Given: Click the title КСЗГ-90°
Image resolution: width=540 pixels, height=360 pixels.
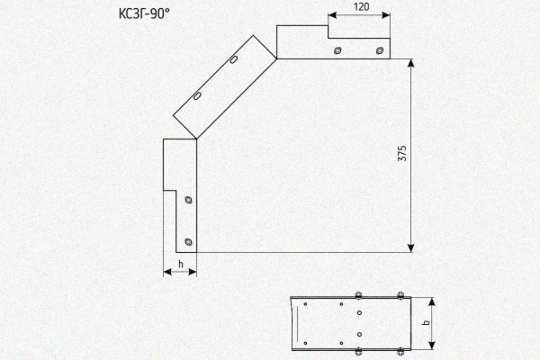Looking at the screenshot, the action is (144, 13).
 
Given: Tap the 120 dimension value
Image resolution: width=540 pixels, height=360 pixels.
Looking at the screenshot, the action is (361, 6).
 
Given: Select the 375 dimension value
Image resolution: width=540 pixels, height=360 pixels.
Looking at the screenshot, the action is (402, 153).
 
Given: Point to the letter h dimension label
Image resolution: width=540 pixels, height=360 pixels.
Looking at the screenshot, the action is (181, 265).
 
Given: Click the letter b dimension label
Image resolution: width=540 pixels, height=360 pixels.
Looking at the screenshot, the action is (426, 323).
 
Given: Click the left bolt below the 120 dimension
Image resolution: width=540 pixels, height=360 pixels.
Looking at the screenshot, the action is (337, 50).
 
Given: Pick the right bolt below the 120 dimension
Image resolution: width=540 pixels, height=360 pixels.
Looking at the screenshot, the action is (379, 50).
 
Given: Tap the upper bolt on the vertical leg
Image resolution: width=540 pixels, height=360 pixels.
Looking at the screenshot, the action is (188, 200).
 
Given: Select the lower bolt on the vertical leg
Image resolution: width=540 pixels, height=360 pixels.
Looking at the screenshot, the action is (188, 242).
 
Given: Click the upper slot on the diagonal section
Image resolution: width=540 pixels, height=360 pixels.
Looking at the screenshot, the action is (233, 59).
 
